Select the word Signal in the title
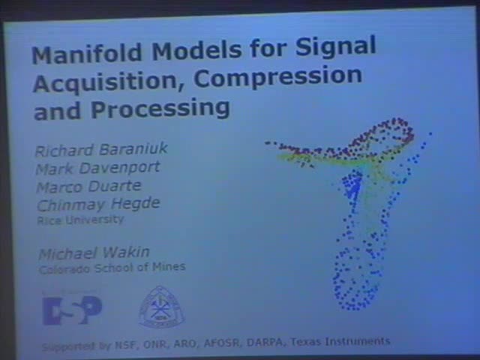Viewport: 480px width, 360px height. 334,46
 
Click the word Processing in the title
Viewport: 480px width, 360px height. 160,109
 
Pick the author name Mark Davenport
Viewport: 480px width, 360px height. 97,167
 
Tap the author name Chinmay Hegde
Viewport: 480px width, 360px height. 97,203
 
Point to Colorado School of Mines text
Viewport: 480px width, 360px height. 112,266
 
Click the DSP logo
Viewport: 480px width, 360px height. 72,309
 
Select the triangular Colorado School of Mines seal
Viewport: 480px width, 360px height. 160,307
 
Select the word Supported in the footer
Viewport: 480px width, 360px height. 67,347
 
